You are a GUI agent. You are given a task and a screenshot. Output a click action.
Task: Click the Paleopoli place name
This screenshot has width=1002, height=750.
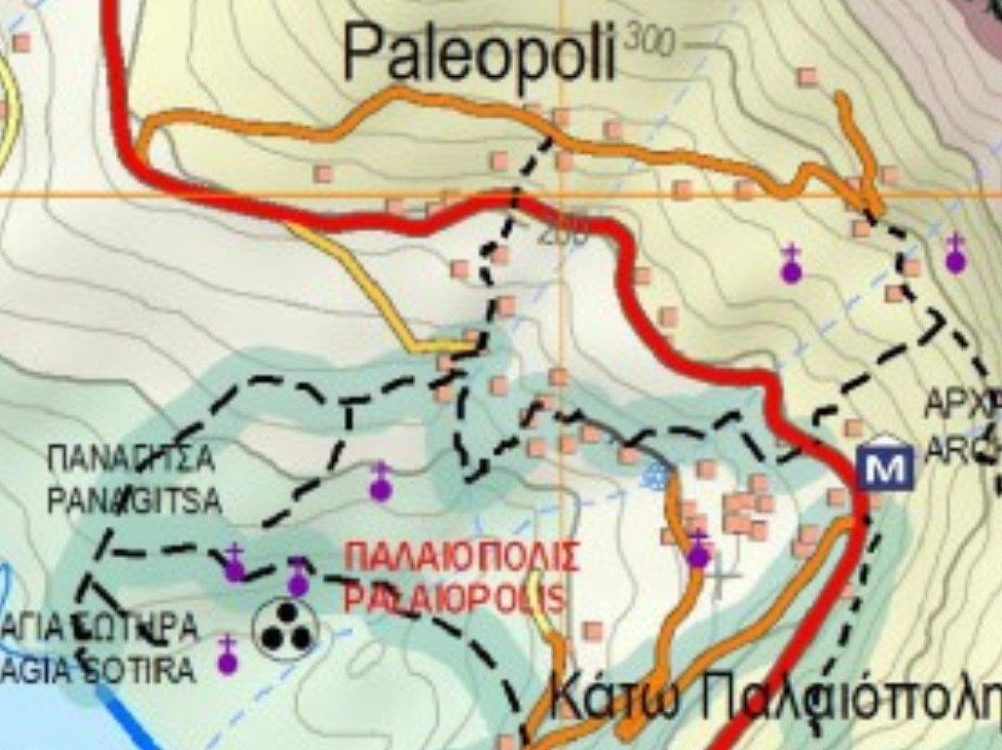point(479,52)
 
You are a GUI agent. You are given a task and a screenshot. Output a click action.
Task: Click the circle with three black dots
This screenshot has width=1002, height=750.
point(286,628)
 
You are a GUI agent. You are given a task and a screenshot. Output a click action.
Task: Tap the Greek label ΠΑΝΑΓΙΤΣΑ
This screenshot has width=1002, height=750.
point(131,458)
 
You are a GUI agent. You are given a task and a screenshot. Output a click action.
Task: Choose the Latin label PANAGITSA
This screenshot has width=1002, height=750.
point(135,500)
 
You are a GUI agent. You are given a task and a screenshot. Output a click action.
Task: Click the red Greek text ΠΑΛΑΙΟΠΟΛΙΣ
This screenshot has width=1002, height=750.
point(461,558)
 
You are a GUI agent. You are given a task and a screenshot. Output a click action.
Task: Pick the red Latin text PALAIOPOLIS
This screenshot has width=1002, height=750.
point(454,597)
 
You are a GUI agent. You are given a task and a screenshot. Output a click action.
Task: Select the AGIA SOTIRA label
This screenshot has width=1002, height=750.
point(97,669)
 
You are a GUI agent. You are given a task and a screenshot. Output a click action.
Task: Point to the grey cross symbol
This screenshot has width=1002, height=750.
point(722,579)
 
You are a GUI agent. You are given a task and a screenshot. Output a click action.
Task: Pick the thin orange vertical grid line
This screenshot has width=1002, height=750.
point(561,306)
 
